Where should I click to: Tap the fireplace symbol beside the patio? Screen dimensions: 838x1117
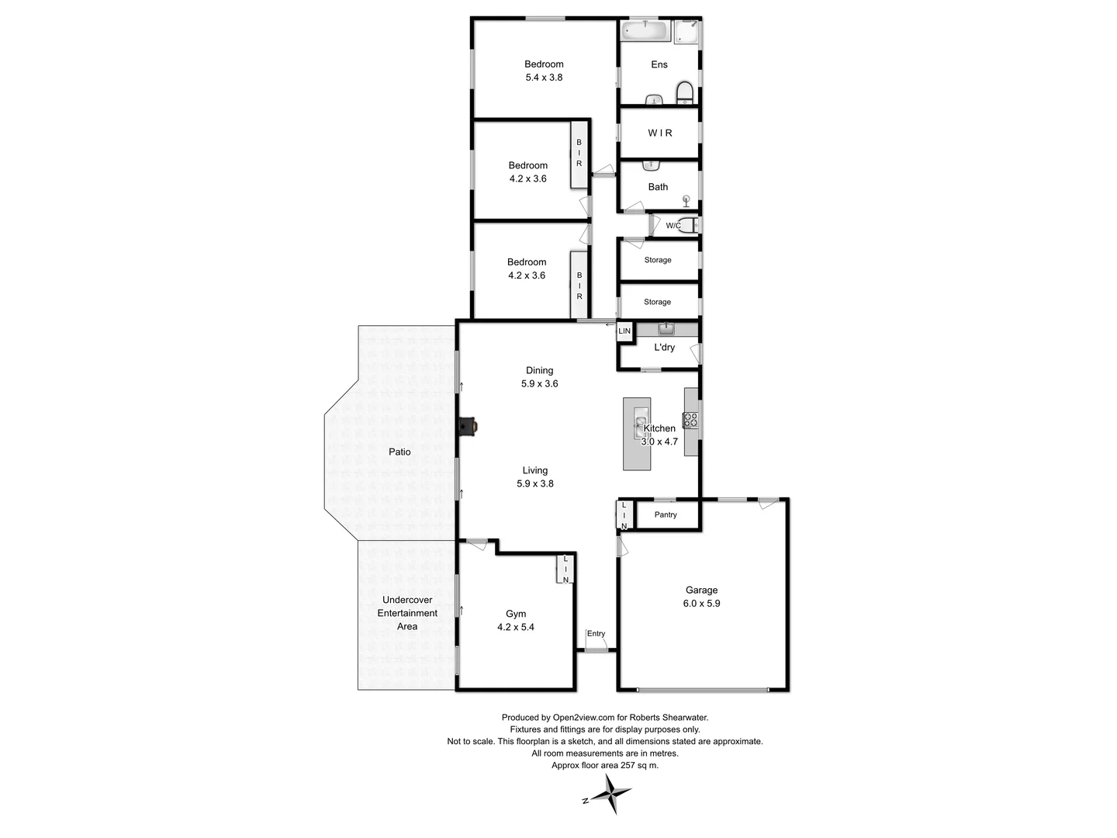click(x=468, y=427)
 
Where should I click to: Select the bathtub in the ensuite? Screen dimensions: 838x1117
click(x=645, y=31)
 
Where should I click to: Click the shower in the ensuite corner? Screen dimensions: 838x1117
click(x=686, y=32)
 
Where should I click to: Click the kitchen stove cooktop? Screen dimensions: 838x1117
click(x=690, y=421)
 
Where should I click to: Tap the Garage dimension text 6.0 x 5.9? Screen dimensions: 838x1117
click(x=701, y=604)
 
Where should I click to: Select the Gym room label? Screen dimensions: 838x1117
click(x=516, y=614)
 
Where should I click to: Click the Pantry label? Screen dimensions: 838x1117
click(x=666, y=514)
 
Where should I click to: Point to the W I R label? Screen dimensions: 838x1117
click(x=660, y=133)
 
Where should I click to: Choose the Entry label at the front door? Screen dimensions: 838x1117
click(x=596, y=634)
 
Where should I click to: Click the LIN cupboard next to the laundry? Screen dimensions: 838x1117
click(x=624, y=331)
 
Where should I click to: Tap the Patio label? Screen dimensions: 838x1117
click(x=399, y=452)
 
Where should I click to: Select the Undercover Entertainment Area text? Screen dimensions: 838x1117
click(x=407, y=613)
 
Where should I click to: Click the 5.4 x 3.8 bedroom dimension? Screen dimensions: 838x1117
click(x=544, y=78)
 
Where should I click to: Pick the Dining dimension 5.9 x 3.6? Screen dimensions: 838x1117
click(x=539, y=384)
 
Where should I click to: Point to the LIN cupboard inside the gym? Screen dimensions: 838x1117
click(x=565, y=570)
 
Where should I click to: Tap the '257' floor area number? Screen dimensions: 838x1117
click(x=618, y=765)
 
